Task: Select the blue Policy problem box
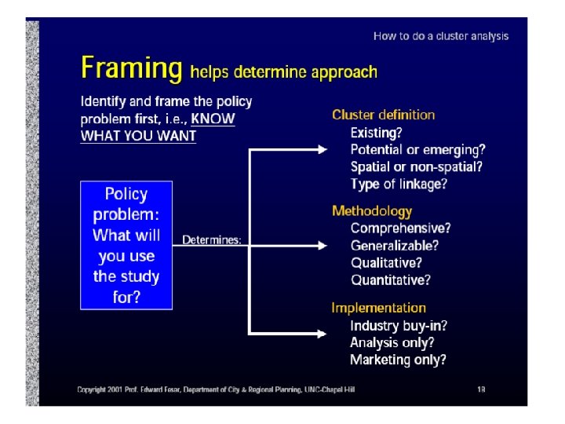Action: coord(126,245)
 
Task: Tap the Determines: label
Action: coord(212,239)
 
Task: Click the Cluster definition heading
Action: coord(383,115)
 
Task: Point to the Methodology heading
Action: coord(371,210)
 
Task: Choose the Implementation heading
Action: coord(378,308)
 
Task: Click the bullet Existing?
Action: coord(376,133)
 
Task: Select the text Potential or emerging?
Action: coord(417,149)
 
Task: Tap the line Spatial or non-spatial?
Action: coord(416,166)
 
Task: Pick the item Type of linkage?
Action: coord(399,184)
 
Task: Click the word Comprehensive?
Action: coord(400,228)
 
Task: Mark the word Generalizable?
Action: coord(394,246)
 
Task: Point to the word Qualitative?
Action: coord(386,263)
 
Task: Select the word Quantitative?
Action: coord(390,280)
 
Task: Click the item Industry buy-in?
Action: coord(399,326)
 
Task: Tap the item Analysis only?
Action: coord(392,342)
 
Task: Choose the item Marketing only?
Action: coord(398,360)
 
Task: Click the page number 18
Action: coord(481,389)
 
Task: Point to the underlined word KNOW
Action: coord(213,119)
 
